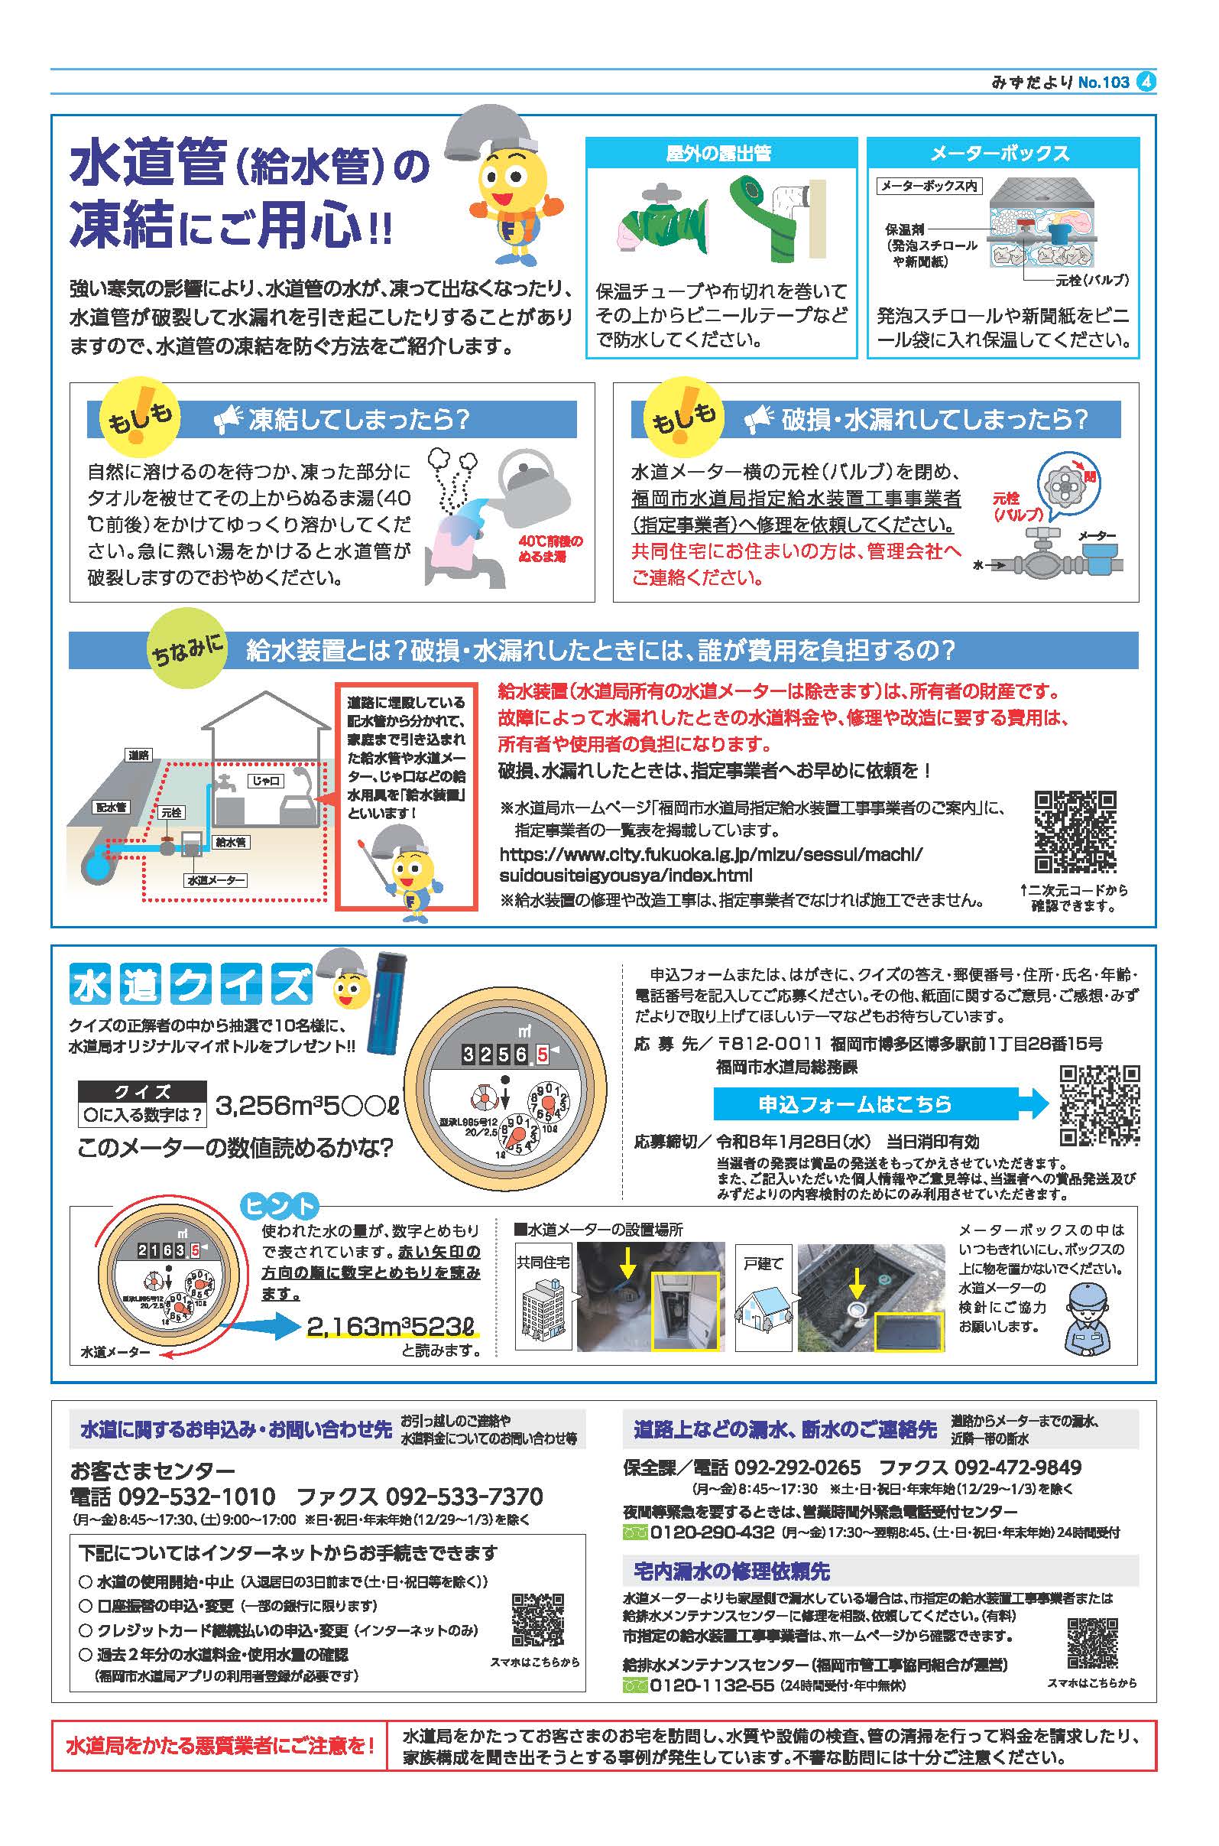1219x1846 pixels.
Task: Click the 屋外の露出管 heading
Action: pos(720,154)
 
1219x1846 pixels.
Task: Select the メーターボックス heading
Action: pos(1002,154)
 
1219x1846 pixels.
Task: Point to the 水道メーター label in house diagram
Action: pos(216,881)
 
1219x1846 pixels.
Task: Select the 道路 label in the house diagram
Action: pos(138,755)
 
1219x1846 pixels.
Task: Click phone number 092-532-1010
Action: pos(195,1496)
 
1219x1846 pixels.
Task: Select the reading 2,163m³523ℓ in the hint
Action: pos(391,1326)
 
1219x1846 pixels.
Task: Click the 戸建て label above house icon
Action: pos(763,1263)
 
